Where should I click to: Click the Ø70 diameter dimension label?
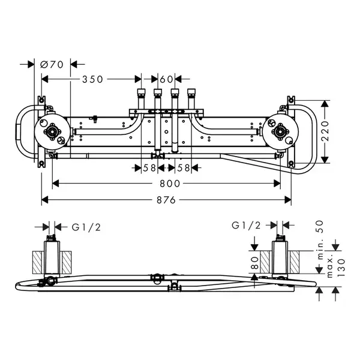52,65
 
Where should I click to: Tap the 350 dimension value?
93,79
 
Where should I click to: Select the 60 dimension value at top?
166,79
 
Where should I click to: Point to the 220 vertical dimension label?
325,131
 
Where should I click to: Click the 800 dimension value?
170,184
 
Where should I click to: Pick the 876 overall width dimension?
166,200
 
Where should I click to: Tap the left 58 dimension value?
149,168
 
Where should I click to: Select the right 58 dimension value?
184,168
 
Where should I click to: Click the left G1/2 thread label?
86,227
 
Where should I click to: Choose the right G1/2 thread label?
246,226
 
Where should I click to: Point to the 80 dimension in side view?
255,263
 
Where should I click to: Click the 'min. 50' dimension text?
320,240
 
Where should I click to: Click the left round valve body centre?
52,131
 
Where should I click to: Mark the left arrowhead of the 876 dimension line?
45,200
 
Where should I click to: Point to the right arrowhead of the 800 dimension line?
277,184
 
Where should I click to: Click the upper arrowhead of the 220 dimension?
324,104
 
